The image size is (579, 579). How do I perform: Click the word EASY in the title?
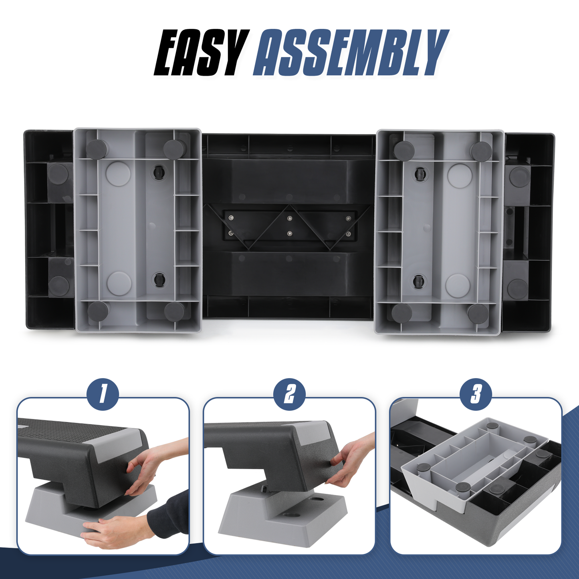[202, 52]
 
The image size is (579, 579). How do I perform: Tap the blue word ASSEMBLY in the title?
[351, 52]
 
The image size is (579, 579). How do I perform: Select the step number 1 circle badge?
[103, 395]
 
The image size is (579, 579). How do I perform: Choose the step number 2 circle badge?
[289, 395]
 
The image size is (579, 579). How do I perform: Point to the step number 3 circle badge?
[476, 395]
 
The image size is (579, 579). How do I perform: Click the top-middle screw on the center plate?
[289, 218]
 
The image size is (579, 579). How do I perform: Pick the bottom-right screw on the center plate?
[348, 234]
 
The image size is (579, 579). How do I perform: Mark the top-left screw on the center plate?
[230, 218]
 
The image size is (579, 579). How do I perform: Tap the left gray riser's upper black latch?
[158, 172]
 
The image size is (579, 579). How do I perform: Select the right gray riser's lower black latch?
[419, 282]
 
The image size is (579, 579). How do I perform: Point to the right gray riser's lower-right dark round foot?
[478, 314]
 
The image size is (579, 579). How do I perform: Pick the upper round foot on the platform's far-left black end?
[59, 173]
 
